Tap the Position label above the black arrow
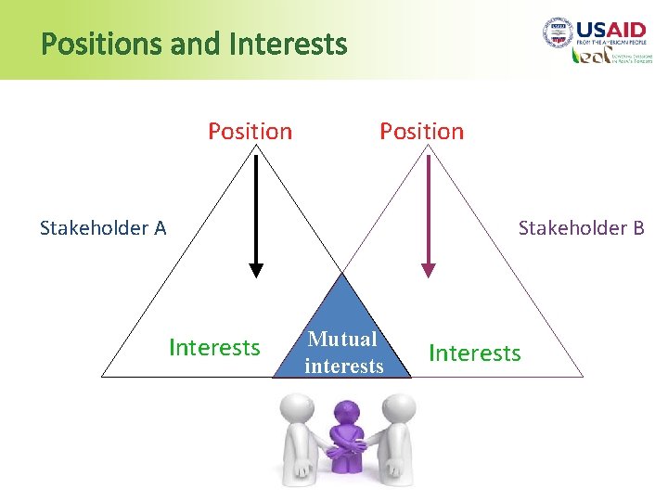(250, 132)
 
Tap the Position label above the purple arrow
(421, 132)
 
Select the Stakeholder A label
(103, 228)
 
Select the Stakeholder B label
(581, 228)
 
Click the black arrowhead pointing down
(256, 270)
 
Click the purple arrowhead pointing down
(428, 270)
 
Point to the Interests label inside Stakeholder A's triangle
(214, 348)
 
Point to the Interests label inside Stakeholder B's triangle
(475, 353)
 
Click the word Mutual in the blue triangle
(343, 340)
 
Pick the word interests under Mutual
(343, 366)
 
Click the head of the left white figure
(297, 406)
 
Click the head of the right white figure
(398, 406)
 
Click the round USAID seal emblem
(559, 33)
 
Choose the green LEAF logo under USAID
(589, 56)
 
